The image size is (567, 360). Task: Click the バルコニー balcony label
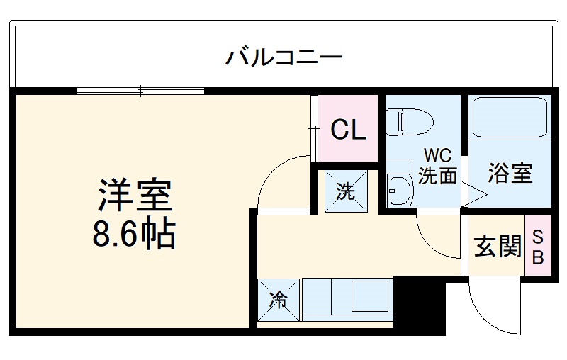pos(285,57)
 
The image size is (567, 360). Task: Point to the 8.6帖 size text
pos(135,234)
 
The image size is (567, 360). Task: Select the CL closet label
pos(348,130)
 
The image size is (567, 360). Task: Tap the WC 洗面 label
pos(437,166)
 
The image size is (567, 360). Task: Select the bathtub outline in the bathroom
pos(510,118)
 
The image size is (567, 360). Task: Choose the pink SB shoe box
pos(537,246)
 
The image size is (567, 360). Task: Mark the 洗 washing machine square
pos(346,191)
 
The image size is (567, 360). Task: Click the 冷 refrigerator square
pos(279,300)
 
